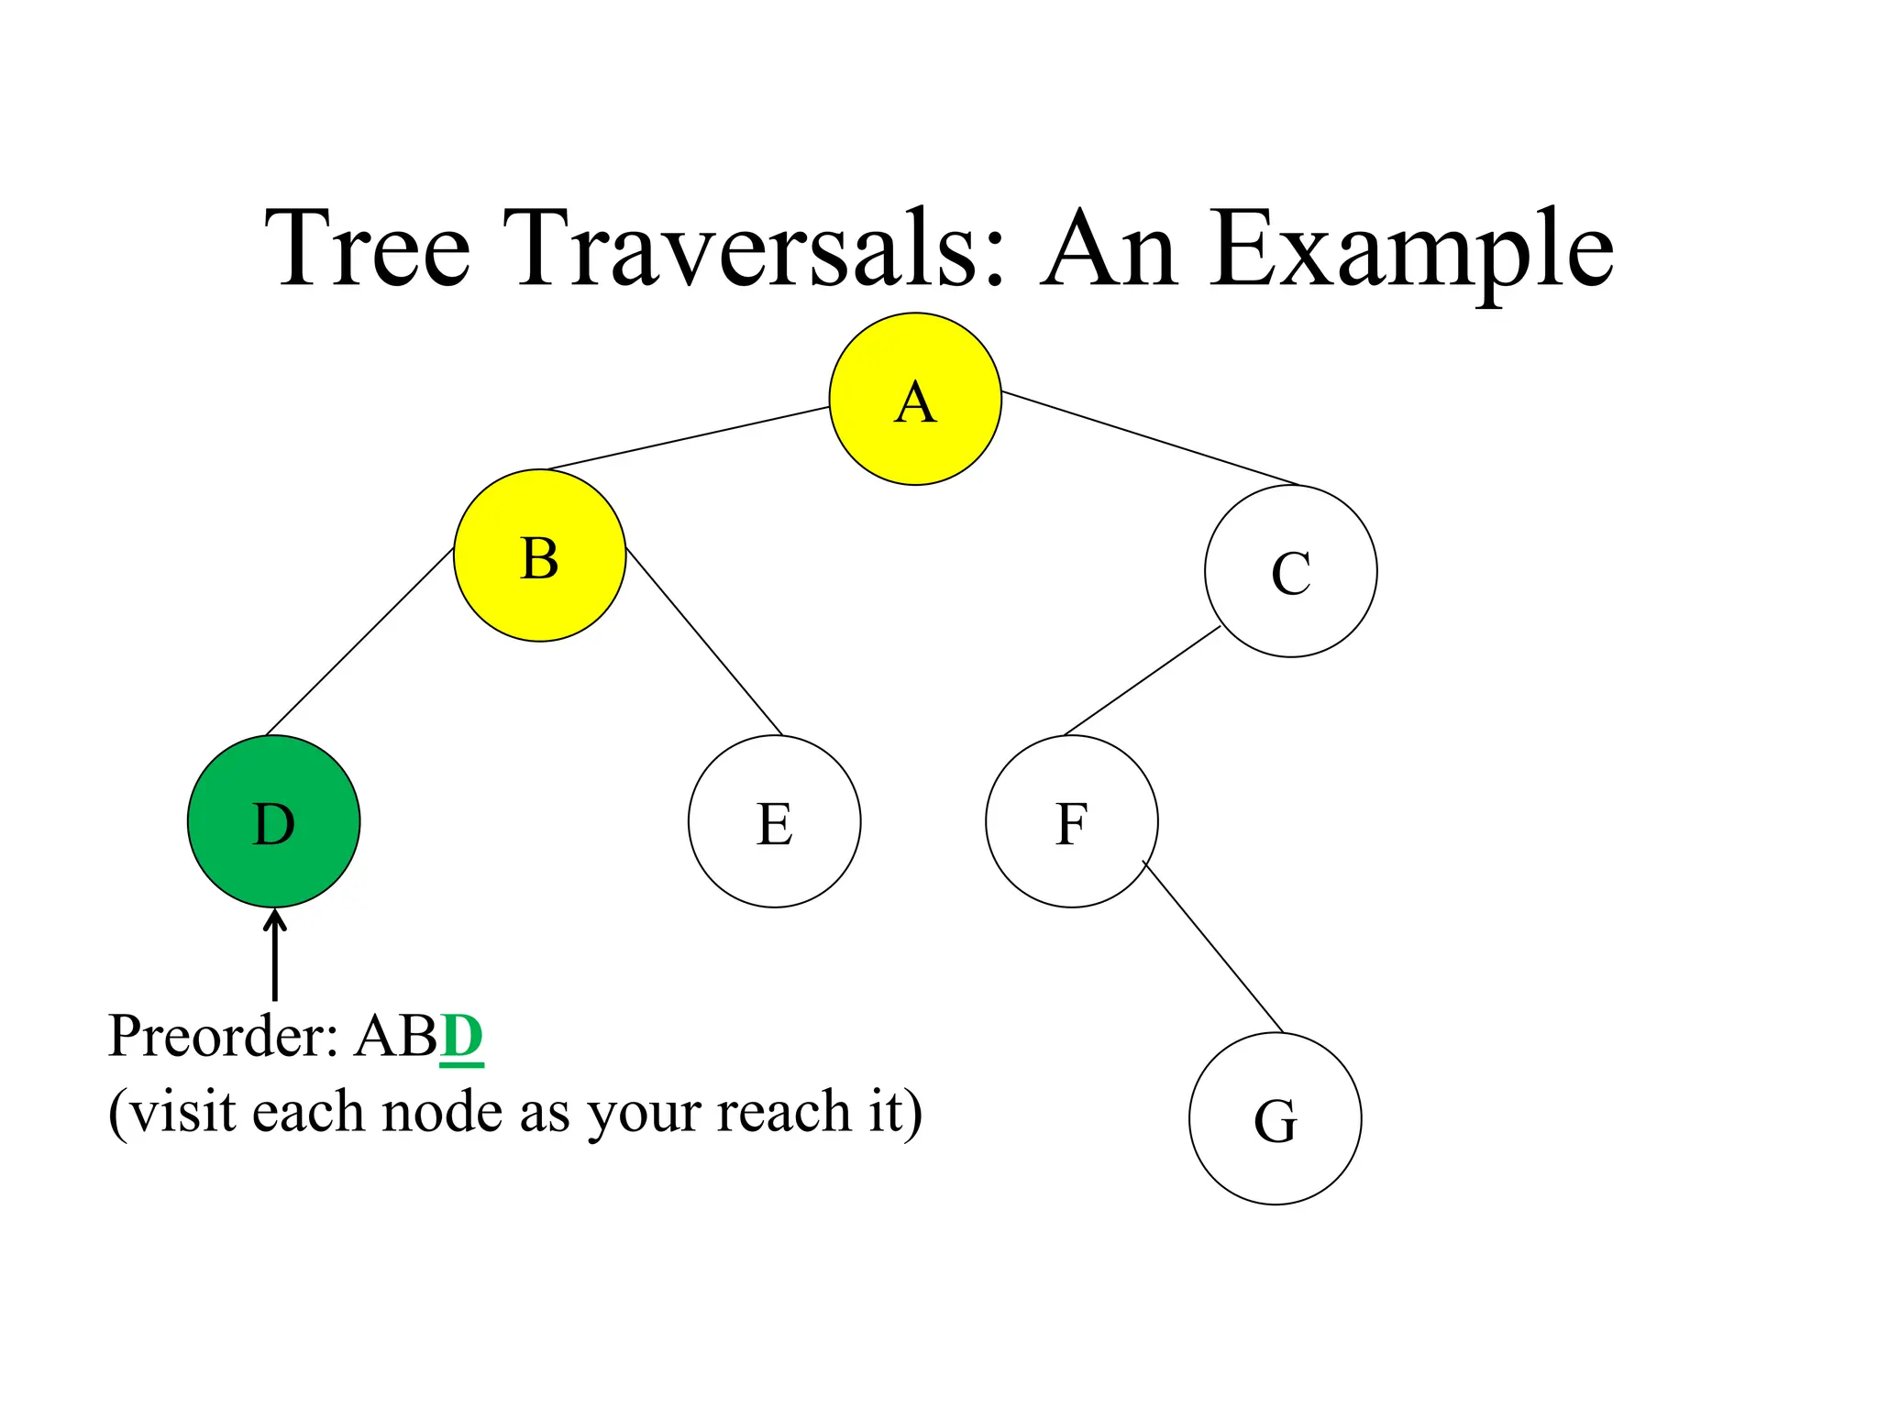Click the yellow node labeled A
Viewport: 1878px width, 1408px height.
tap(915, 399)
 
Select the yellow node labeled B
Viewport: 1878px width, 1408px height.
tap(539, 555)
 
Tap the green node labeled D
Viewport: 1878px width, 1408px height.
tap(273, 821)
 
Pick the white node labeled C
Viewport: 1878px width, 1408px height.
tap(1290, 571)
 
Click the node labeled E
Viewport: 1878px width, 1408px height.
tap(774, 821)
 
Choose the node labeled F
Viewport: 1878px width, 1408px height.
tap(1071, 821)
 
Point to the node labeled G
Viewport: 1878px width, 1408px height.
tap(1275, 1118)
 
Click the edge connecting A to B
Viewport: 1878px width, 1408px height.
tap(688, 438)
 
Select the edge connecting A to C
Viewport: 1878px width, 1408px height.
tap(1151, 438)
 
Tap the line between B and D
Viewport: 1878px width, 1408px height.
tap(359, 642)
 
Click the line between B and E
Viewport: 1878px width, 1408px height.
tap(704, 642)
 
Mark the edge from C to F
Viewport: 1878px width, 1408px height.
tap(1142, 680)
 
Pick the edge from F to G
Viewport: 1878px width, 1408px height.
tap(1212, 946)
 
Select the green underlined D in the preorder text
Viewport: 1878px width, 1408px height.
tap(461, 1037)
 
